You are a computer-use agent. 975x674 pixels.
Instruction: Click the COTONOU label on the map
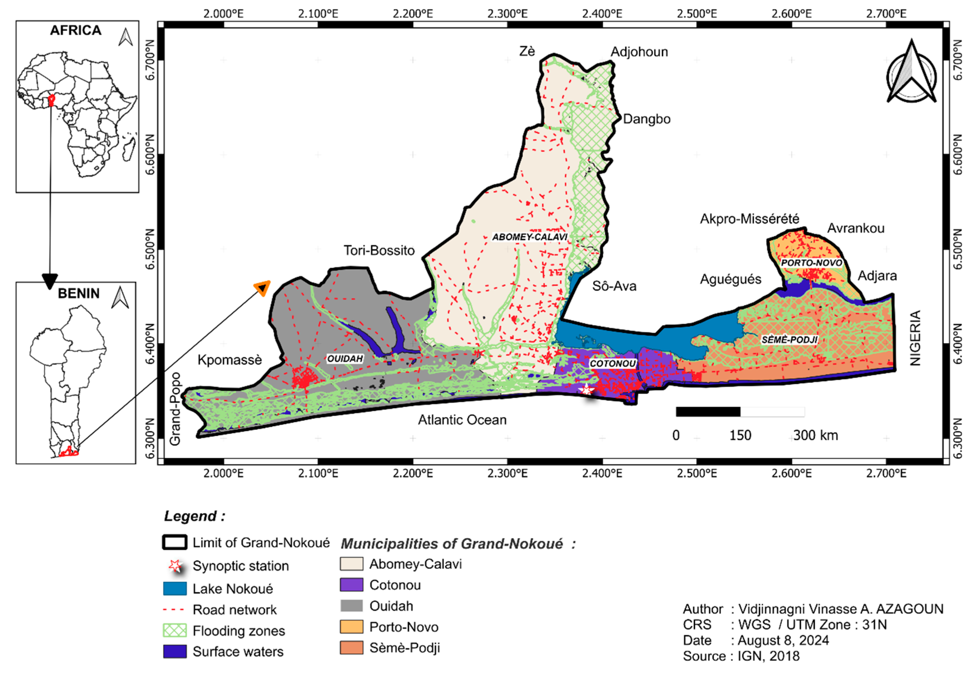point(612,363)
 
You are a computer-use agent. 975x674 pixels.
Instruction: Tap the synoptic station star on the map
point(587,390)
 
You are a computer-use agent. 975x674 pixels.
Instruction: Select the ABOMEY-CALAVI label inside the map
point(529,237)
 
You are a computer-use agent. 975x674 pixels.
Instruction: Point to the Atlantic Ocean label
point(462,420)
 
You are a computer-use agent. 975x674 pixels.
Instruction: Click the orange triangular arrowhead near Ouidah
point(262,288)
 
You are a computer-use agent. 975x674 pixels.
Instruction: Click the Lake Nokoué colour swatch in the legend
point(175,589)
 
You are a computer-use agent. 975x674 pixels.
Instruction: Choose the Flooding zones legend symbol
point(175,630)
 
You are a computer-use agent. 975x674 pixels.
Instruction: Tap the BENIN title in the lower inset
point(79,293)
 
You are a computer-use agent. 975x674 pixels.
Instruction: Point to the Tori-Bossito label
point(379,251)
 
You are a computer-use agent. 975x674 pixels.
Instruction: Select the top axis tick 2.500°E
point(697,14)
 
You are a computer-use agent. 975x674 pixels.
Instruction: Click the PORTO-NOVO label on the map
point(811,263)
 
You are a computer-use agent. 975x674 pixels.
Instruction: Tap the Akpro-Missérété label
point(749,219)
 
